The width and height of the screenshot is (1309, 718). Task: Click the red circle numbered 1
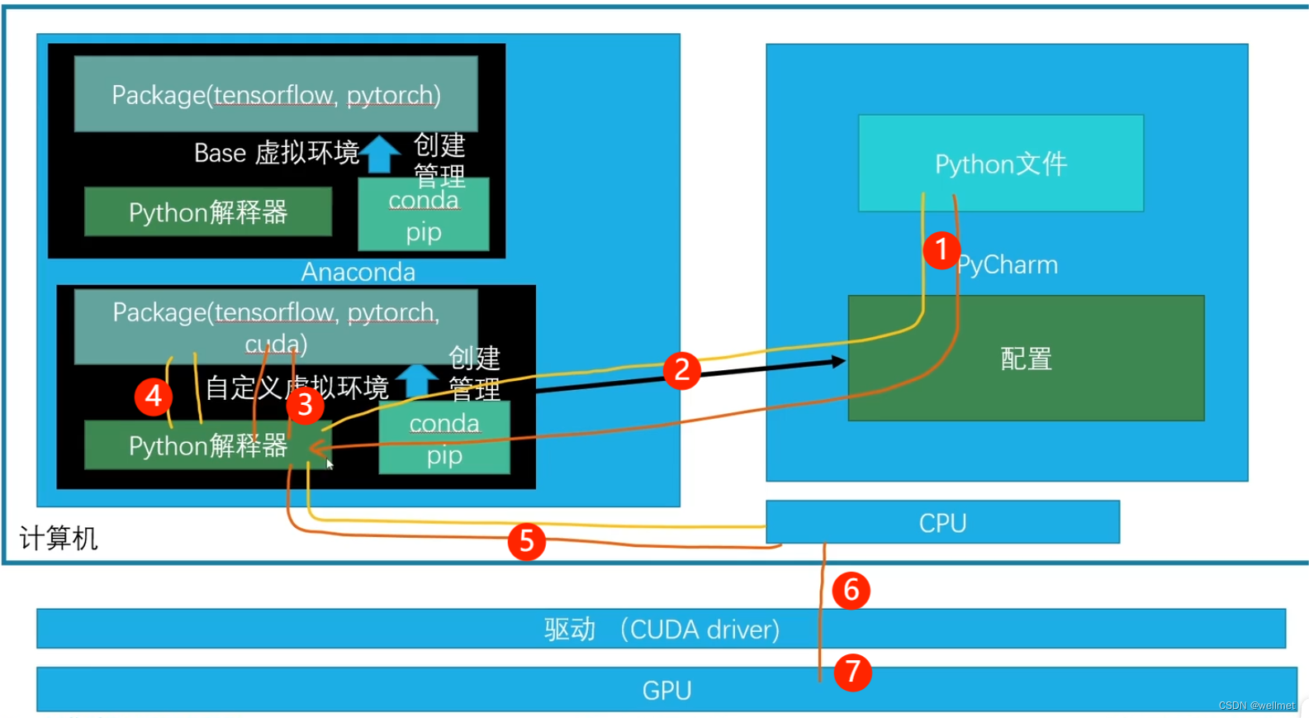941,250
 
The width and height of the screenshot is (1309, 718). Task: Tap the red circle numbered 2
682,371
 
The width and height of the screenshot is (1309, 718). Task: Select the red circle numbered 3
305,405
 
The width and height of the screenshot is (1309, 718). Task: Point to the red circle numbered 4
153,397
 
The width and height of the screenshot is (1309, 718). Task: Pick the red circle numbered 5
527,541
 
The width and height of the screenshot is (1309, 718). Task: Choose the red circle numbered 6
851,591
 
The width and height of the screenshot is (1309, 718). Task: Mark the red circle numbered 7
852,673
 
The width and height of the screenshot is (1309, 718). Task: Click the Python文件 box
1001,163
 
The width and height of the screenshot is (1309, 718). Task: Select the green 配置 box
1027,358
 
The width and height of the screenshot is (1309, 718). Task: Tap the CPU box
942,522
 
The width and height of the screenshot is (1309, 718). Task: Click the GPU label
666,691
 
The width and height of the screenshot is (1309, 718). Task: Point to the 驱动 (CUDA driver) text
662,630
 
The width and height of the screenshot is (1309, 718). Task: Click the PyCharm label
1008,265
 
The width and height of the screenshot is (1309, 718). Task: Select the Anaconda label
358,272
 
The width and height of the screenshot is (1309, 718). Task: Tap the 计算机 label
59,538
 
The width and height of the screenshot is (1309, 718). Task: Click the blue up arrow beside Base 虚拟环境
380,154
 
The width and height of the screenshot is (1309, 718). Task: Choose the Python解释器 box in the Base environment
208,212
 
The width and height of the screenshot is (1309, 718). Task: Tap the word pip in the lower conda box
444,456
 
